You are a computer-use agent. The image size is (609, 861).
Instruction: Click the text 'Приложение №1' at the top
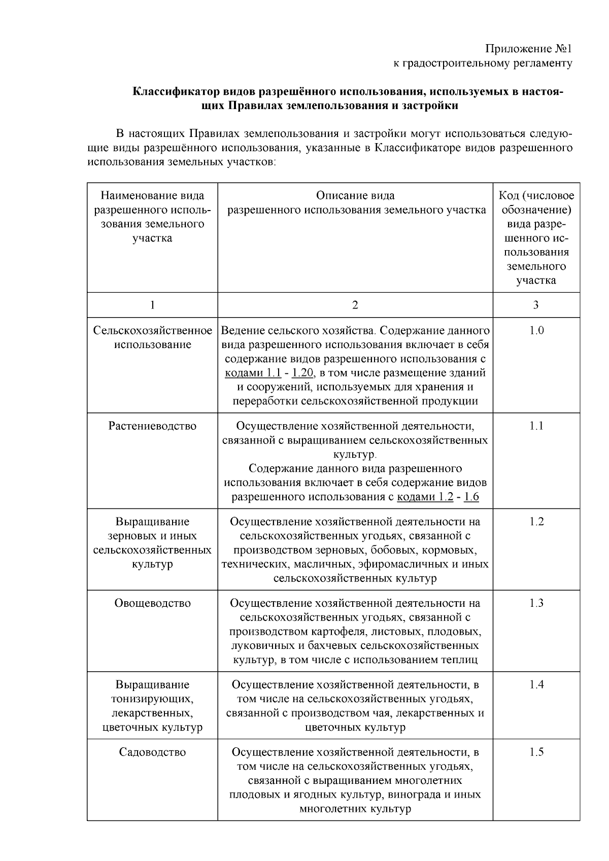pyautogui.click(x=528, y=49)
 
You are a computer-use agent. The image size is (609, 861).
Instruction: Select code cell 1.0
pyautogui.click(x=536, y=331)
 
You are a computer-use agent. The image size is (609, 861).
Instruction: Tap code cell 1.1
pyautogui.click(x=536, y=426)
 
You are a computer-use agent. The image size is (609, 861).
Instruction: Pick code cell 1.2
pyautogui.click(x=536, y=522)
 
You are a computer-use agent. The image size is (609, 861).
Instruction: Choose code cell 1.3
pyautogui.click(x=536, y=603)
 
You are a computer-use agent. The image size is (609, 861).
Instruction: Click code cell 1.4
pyautogui.click(x=536, y=685)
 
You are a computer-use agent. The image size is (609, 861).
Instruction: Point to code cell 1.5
pyautogui.click(x=536, y=752)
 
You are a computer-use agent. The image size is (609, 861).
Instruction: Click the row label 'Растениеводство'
pyautogui.click(x=152, y=426)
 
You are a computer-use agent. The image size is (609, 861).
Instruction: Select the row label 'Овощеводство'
pyautogui.click(x=152, y=603)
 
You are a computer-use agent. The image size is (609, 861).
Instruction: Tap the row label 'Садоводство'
pyautogui.click(x=152, y=752)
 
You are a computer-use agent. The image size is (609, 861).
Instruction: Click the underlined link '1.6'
pyautogui.click(x=471, y=497)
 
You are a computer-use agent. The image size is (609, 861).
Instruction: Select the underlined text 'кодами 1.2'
pyautogui.click(x=425, y=497)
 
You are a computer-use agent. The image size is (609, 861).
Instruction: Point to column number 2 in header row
pyautogui.click(x=355, y=305)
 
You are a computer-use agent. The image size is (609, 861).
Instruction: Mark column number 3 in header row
pyautogui.click(x=536, y=305)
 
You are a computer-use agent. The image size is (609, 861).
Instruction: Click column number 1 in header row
pyautogui.click(x=152, y=305)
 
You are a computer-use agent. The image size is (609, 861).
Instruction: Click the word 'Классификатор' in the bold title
pyautogui.click(x=176, y=92)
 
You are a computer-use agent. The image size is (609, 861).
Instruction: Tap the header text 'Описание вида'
pyautogui.click(x=355, y=196)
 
